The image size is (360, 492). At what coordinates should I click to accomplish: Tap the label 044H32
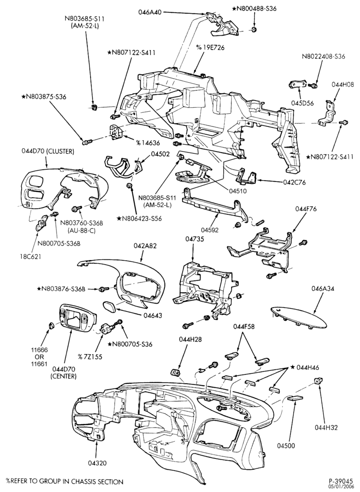pyautogui.click(x=326, y=428)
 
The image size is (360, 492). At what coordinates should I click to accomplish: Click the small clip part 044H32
pyautogui.click(x=318, y=382)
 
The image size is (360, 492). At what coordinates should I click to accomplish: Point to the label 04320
pyautogui.click(x=97, y=463)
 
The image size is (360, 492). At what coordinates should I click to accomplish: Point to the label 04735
pyautogui.click(x=192, y=239)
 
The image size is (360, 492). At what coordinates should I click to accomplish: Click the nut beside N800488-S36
pyautogui.click(x=253, y=30)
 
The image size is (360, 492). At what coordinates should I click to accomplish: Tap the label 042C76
pyautogui.click(x=285, y=182)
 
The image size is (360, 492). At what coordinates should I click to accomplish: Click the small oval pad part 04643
pyautogui.click(x=109, y=306)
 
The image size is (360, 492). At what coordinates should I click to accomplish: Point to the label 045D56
pyautogui.click(x=300, y=103)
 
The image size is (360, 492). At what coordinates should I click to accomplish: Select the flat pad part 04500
pyautogui.click(x=295, y=398)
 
